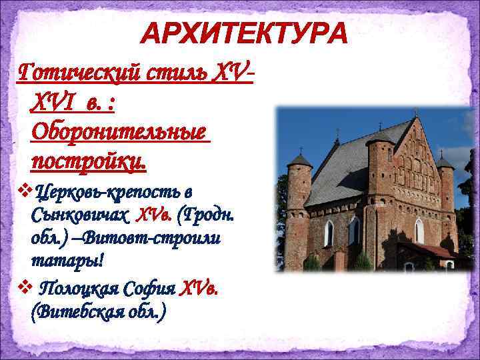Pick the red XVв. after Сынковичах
(154, 215)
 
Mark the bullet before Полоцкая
(25, 288)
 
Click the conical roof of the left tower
(299, 159)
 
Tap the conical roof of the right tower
(443, 161)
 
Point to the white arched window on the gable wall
(419, 231)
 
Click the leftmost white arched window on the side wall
(329, 233)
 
